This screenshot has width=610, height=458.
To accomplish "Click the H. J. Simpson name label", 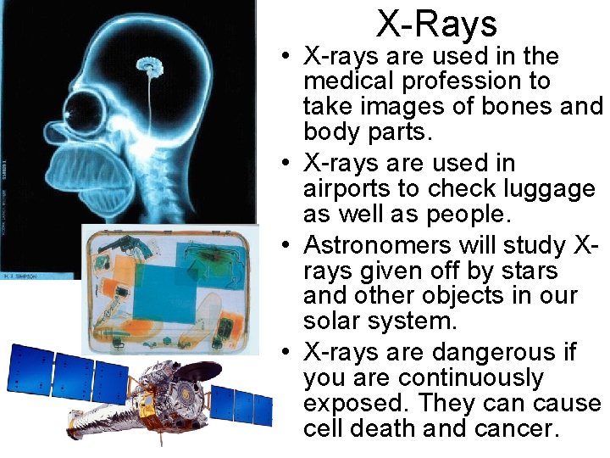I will [18, 273].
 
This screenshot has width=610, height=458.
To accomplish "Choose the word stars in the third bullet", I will [530, 271].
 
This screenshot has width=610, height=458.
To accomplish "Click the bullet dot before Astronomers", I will [287, 246].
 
